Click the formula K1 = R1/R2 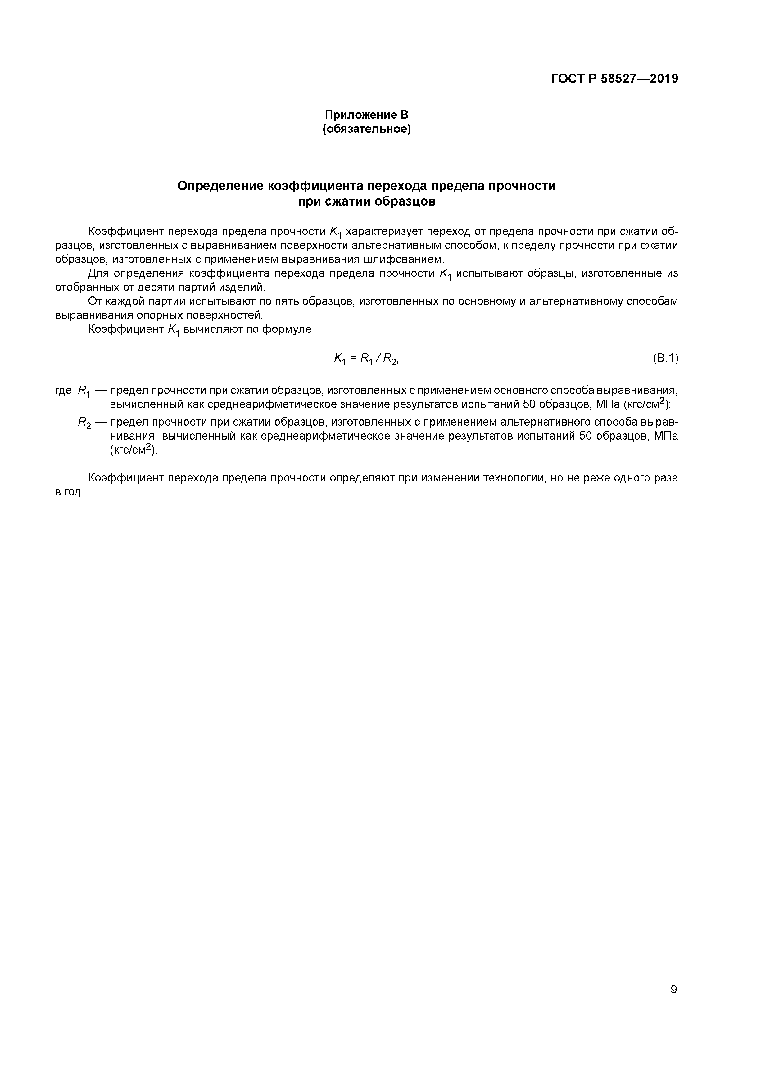click(366, 359)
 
